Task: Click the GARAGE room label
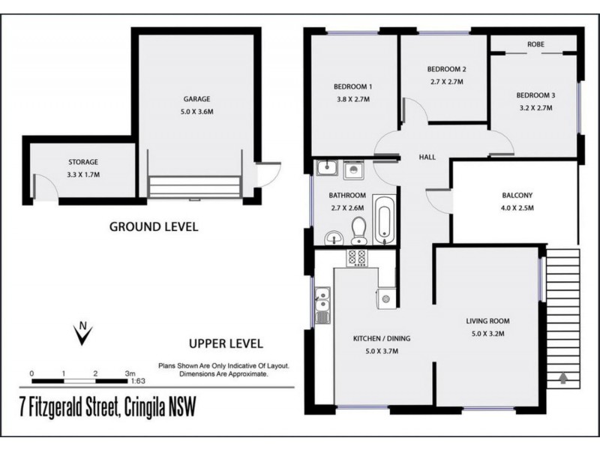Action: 196,99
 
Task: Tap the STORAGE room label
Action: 83,162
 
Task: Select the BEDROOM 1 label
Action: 352,87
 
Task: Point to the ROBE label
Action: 535,44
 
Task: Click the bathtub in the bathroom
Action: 384,220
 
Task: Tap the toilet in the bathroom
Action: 359,231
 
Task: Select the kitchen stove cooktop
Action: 357,257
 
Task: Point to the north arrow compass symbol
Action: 82,334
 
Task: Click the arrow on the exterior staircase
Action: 563,378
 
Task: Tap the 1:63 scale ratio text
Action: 138,381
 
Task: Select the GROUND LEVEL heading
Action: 154,227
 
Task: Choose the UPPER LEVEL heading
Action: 226,343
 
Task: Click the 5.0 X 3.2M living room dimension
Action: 488,334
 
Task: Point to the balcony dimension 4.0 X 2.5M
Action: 517,208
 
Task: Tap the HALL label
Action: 427,157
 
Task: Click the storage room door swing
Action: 45,186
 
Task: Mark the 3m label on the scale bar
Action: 130,373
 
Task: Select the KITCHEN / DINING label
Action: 382,339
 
